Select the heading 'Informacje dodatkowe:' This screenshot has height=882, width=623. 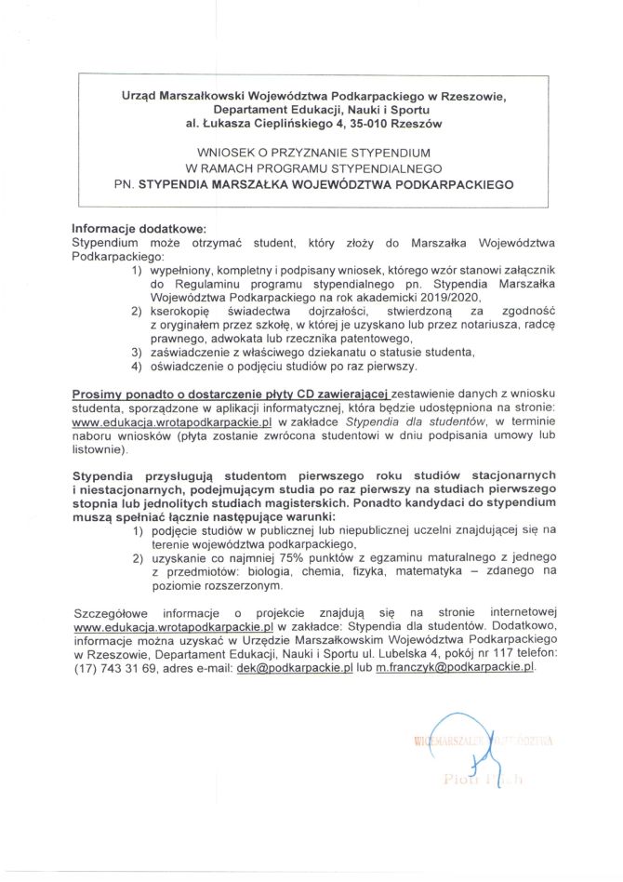click(x=137, y=229)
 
